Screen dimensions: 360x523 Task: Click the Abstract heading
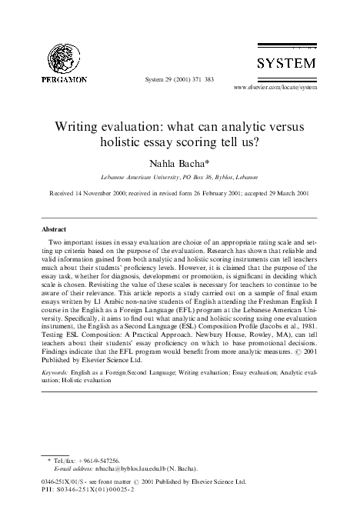point(54,229)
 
